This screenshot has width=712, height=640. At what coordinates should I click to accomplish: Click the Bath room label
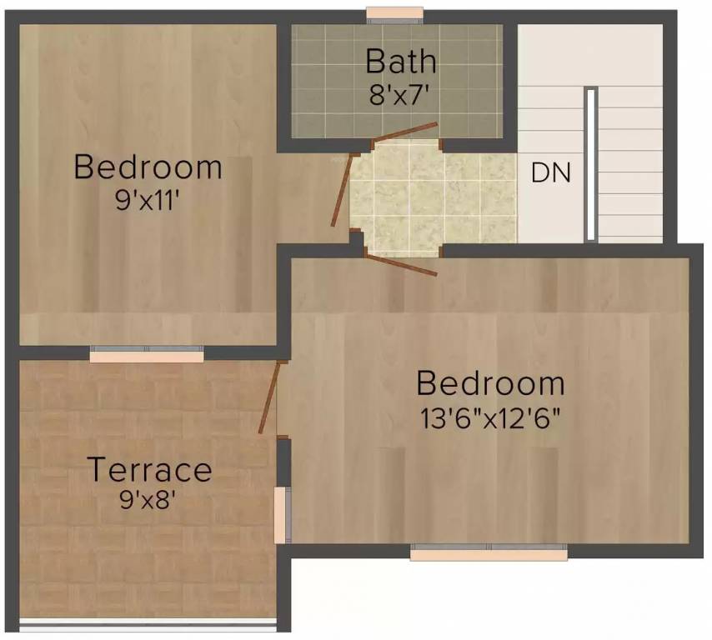pos(401,62)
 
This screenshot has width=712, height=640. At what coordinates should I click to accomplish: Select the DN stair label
pos(551,173)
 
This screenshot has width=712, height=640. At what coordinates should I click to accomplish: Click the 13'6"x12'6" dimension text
pos(490,417)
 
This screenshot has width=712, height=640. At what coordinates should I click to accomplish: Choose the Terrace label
pos(149,470)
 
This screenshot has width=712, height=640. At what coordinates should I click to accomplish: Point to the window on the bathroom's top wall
pos(394,14)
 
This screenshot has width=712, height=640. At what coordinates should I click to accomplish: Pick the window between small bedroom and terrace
pos(147,355)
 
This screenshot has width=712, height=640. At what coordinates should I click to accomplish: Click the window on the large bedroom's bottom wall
pos(489,552)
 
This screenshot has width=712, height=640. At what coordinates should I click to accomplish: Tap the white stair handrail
pos(590,163)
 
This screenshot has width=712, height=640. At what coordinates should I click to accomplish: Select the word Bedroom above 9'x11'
pos(148,167)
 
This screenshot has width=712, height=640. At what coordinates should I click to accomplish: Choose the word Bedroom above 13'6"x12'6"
pos(490,384)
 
